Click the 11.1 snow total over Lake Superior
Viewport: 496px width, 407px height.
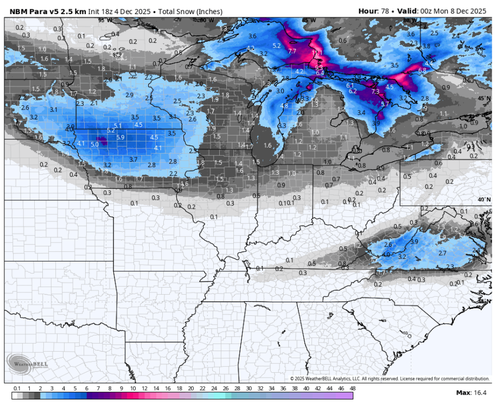(317, 53)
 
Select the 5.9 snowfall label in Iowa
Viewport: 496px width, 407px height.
(120, 137)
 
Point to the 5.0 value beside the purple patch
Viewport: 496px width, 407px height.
(94, 144)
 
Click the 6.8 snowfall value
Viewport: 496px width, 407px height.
(422, 70)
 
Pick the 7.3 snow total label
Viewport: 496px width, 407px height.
(375, 92)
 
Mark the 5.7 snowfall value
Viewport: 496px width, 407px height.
(385, 104)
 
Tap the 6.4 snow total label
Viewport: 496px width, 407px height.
(320, 73)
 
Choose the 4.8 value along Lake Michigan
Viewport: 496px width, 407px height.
(284, 105)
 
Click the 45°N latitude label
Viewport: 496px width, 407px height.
(484, 98)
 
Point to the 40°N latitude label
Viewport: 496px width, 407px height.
(484, 199)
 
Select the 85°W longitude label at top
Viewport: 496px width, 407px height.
(308, 20)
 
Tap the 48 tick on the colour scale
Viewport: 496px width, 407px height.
(352, 389)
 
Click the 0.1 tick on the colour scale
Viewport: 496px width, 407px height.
(17, 389)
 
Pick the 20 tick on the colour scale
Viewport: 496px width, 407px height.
(190, 389)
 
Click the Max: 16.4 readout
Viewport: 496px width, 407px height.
(471, 392)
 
